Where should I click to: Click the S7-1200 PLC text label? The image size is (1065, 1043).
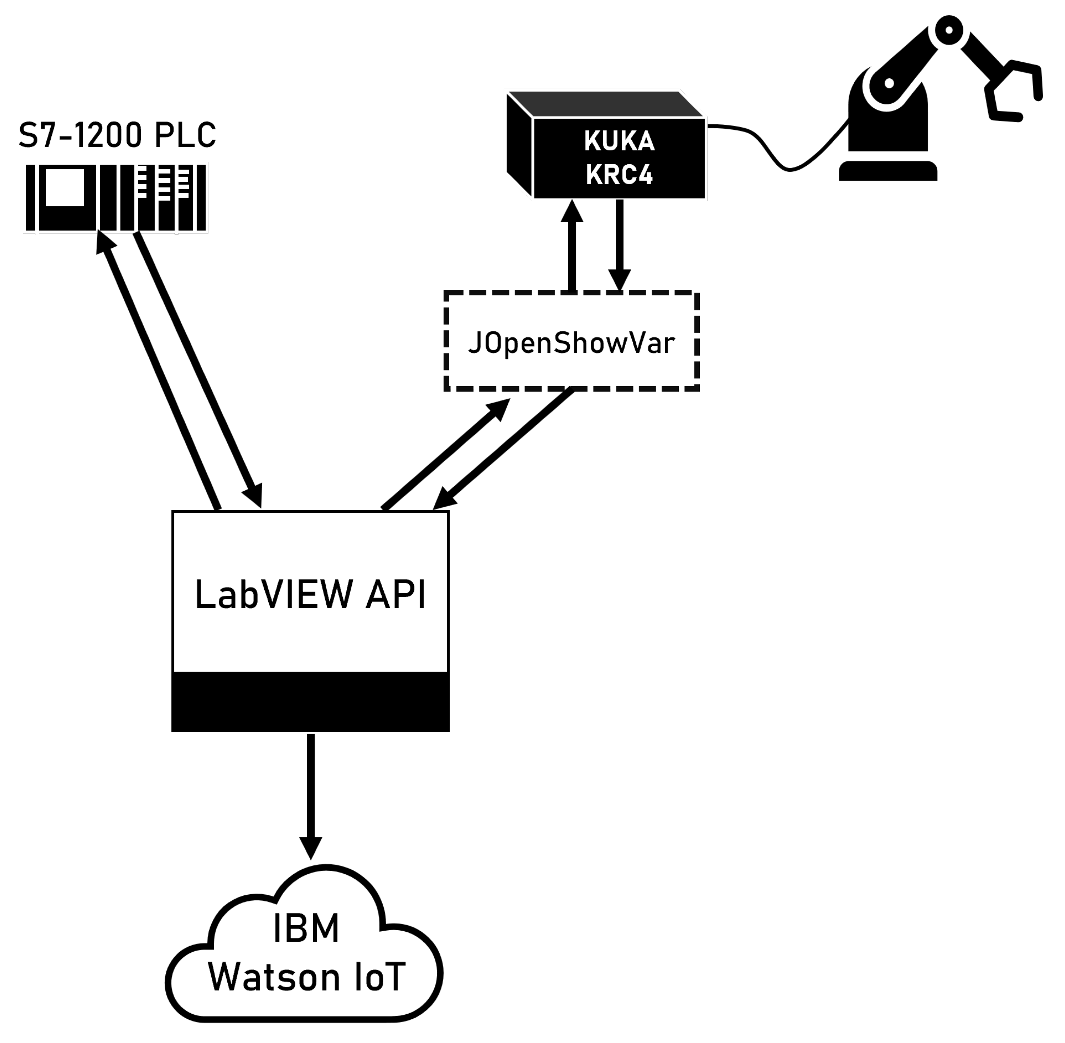[x=117, y=135]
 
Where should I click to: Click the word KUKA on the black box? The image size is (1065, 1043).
[x=619, y=141]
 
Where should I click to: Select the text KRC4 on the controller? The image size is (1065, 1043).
[x=619, y=175]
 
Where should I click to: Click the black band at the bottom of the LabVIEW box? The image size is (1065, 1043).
[x=310, y=702]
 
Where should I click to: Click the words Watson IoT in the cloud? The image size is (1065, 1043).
[x=306, y=977]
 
